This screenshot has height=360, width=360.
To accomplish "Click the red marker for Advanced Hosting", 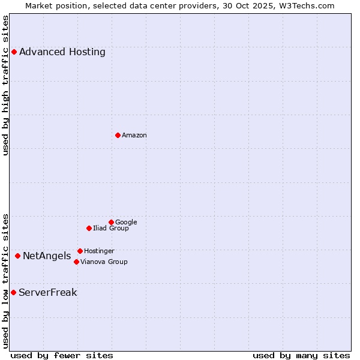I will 14,52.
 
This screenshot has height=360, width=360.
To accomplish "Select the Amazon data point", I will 118,135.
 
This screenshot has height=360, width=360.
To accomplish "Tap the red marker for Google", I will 111,222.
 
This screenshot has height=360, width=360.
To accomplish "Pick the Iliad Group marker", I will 89,228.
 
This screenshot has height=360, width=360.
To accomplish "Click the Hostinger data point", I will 80,251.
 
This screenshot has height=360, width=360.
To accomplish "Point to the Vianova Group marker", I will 76,262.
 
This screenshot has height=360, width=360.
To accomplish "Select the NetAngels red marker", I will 17,256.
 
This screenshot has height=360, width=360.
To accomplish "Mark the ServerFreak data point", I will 13,292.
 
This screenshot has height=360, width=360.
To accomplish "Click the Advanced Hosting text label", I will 62,52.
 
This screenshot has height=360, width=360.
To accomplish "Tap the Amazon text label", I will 134,135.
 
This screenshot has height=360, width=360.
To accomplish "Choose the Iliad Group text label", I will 111,228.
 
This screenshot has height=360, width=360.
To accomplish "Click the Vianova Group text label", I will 104,262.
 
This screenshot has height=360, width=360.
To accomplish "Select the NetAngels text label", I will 47,256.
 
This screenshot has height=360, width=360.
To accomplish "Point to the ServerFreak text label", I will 48,293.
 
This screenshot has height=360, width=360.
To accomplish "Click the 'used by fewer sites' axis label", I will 62,355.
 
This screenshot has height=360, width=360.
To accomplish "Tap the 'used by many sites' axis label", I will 301,355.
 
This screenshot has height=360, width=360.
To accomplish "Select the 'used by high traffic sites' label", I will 5,85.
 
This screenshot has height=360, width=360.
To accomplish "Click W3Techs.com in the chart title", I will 305,5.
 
